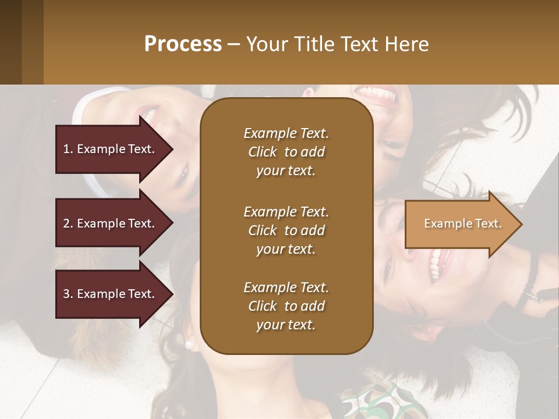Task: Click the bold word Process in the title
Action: click(183, 44)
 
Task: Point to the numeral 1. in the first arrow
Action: click(68, 150)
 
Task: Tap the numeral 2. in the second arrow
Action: click(68, 224)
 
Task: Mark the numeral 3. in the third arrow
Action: click(68, 294)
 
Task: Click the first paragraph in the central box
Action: click(286, 152)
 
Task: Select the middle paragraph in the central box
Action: click(286, 230)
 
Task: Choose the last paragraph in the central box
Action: click(286, 306)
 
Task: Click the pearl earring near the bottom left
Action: click(189, 345)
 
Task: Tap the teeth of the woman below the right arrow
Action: click(434, 264)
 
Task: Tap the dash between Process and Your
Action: click(233, 45)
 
